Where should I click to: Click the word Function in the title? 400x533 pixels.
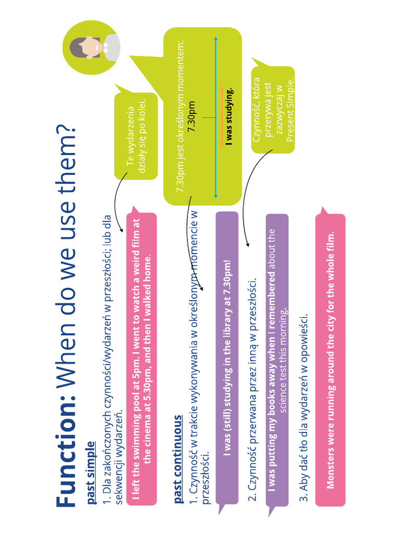66,452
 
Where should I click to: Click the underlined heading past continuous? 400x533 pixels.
178,459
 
